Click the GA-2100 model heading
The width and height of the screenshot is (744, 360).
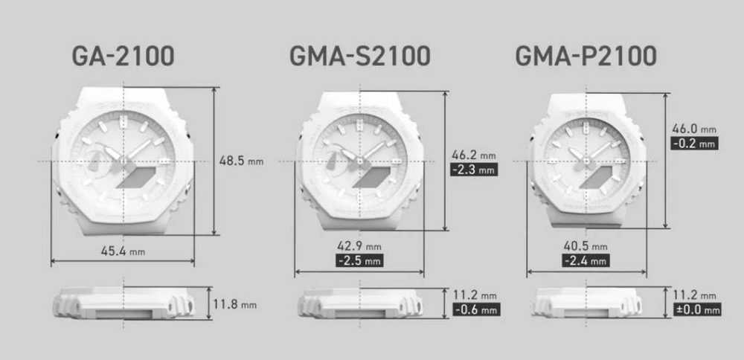click(x=123, y=56)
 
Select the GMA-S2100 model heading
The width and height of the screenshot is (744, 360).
click(x=359, y=56)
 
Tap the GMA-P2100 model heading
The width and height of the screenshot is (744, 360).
click(x=586, y=56)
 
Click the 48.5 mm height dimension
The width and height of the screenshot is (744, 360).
click(x=241, y=161)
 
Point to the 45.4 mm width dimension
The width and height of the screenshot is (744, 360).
click(x=123, y=251)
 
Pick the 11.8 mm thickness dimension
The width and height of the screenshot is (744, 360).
click(x=235, y=304)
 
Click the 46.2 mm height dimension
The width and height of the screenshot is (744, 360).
click(x=474, y=155)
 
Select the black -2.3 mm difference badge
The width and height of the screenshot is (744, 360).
click(x=474, y=170)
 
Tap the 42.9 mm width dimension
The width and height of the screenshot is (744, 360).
click(x=359, y=246)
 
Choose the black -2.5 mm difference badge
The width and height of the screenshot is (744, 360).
click(x=359, y=260)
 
